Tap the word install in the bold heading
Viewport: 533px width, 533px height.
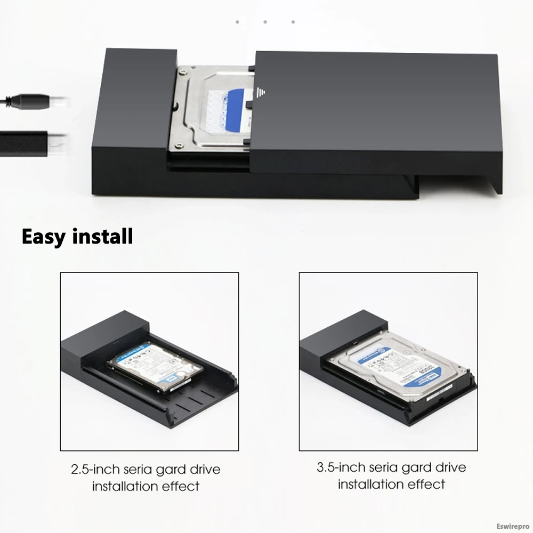(102, 236)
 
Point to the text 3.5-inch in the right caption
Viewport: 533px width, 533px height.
(341, 468)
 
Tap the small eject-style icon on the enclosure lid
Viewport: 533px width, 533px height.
(261, 93)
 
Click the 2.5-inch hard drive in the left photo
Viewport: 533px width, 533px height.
(155, 367)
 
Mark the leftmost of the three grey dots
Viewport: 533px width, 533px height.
(237, 22)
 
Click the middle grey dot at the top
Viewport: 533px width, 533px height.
(265, 22)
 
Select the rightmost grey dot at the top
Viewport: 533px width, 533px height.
(293, 22)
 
